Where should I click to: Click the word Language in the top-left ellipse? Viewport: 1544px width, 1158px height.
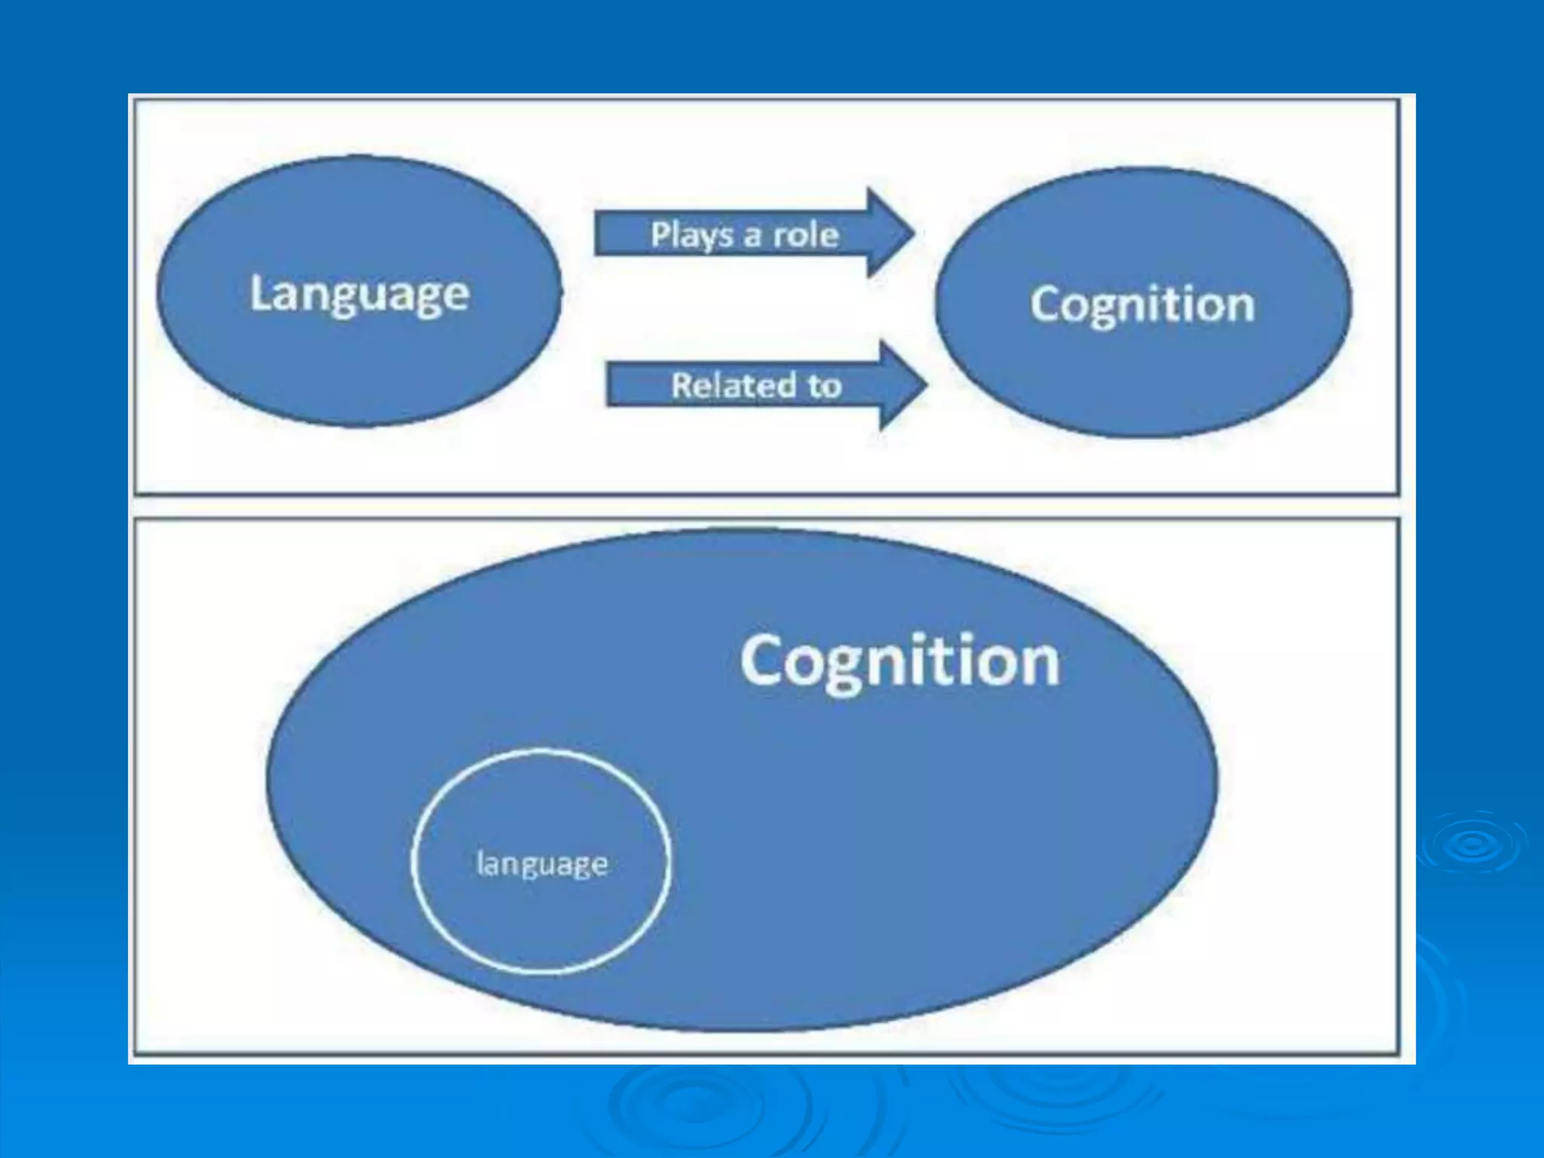point(360,293)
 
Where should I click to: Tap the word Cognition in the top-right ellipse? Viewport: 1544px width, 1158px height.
point(1142,304)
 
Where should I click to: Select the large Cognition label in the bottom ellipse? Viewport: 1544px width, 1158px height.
point(899,661)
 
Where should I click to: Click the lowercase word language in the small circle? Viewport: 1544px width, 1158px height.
point(542,863)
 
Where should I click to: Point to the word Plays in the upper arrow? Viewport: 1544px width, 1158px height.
point(691,234)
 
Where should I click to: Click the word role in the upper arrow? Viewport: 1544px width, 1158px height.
point(806,234)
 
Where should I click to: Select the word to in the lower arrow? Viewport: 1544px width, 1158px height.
point(825,385)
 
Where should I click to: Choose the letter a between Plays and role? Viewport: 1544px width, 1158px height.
point(752,236)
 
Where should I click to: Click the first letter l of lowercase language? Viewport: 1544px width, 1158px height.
point(479,862)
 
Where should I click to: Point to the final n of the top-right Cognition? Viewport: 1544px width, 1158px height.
point(1239,305)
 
